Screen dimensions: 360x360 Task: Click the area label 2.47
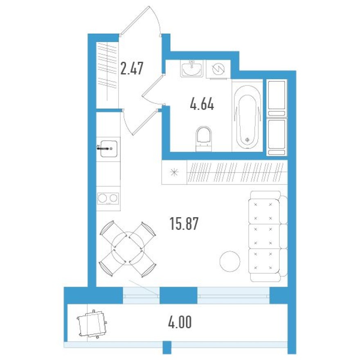click(132, 68)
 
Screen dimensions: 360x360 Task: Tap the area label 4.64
click(202, 104)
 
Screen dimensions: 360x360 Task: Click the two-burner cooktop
click(108, 198)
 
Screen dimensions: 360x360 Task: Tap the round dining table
click(128, 248)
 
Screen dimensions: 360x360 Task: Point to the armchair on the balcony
click(92, 324)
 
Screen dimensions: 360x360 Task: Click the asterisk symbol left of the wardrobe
click(174, 172)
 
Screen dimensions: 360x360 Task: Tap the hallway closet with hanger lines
click(107, 74)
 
